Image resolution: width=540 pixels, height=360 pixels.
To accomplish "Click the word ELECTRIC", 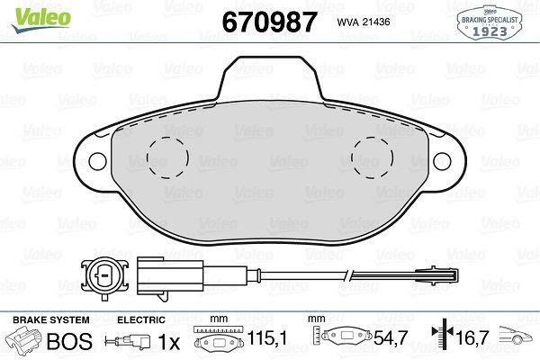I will coord(140,319).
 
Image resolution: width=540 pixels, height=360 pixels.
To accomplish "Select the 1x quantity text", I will coord(168,341).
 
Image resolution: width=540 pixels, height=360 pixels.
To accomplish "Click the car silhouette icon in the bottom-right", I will coord(517,340).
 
